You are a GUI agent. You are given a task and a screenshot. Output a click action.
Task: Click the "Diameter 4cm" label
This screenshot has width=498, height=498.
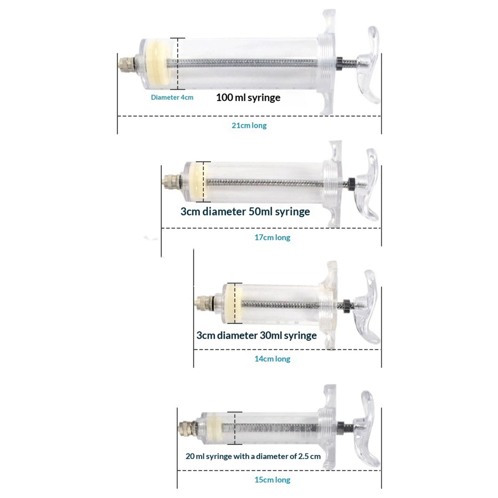pyautogui.click(x=172, y=97)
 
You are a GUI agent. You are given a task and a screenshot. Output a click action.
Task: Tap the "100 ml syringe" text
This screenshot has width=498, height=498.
pyautogui.click(x=248, y=98)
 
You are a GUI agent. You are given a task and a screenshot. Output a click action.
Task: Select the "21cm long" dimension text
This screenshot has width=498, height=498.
pyautogui.click(x=249, y=125)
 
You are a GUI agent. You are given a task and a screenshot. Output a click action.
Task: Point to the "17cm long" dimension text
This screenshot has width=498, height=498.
pyautogui.click(x=272, y=237)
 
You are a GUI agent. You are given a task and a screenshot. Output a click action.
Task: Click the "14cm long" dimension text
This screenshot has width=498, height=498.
pyautogui.click(x=272, y=359)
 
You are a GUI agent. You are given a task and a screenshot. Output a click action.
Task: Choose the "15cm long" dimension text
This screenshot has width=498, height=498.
pyautogui.click(x=272, y=480)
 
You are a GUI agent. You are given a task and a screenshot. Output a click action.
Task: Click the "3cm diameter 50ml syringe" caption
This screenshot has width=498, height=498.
pyautogui.click(x=245, y=212)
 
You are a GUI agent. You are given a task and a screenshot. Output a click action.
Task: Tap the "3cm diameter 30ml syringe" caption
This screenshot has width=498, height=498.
pyautogui.click(x=256, y=336)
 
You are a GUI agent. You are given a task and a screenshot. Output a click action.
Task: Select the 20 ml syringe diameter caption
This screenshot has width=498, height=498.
pyautogui.click(x=253, y=456)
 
